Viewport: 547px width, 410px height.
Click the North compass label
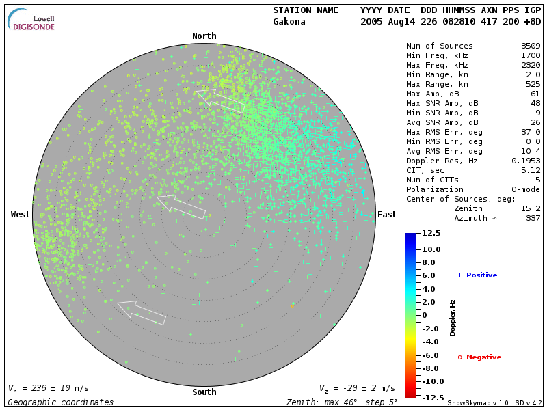click(204, 36)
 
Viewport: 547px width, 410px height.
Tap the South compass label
click(204, 392)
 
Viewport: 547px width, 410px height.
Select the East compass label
click(387, 215)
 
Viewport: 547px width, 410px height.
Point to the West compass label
click(21, 215)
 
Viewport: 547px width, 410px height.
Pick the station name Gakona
click(289, 22)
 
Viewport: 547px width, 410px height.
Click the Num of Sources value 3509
click(531, 46)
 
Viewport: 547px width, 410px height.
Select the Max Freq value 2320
click(531, 65)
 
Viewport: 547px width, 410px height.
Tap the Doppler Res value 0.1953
click(526, 161)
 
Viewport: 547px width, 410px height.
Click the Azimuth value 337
click(533, 218)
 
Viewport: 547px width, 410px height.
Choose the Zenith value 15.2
click(531, 208)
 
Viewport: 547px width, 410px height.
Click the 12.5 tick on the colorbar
click(431, 234)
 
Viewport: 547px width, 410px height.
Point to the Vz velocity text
click(357, 389)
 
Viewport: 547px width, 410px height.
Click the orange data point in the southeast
click(293, 305)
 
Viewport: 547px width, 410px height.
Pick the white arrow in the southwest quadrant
click(142, 312)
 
